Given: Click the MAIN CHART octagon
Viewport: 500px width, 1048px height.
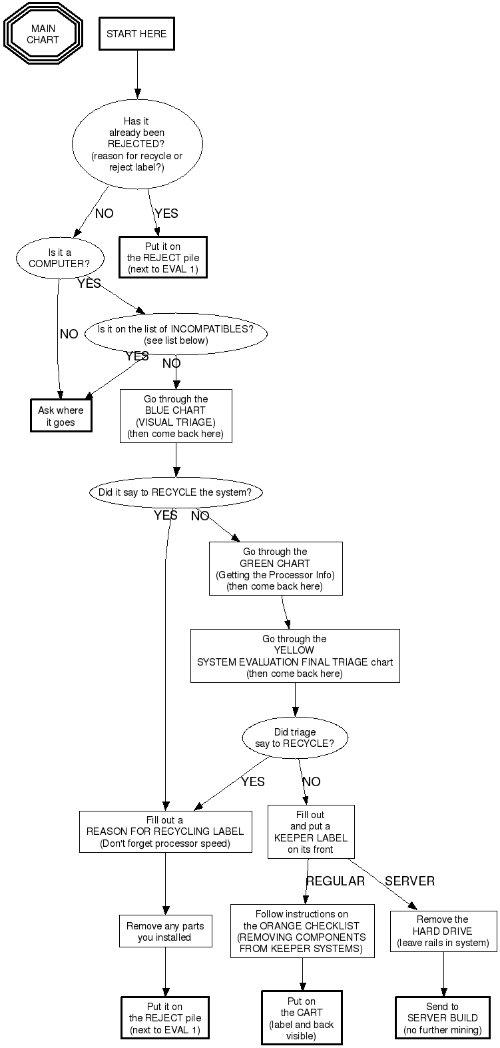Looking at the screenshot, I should (x=43, y=34).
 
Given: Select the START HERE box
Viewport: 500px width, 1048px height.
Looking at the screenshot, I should (x=136, y=34).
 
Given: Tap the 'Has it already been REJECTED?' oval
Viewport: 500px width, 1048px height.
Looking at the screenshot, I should (x=136, y=144).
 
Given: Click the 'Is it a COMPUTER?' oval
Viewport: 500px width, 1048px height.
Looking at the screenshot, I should (x=60, y=258).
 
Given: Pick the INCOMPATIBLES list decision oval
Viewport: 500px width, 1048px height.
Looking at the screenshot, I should (x=176, y=334).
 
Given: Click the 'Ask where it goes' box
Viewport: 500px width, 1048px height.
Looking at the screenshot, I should (x=61, y=416).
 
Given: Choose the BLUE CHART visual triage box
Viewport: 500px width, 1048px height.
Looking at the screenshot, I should (x=176, y=416).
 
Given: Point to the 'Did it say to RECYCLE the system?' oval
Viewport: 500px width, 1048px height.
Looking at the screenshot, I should (x=175, y=493).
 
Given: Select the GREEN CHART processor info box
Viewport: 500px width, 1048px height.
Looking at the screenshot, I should (x=275, y=568).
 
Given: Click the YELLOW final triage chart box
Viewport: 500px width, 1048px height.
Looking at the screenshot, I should (x=295, y=656).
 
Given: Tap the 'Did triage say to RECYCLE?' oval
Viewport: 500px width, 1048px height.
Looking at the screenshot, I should (x=295, y=738).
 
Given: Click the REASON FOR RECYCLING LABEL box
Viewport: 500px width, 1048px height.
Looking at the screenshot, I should (x=165, y=831).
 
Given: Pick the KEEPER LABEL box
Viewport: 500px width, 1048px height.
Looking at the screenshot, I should (x=311, y=831).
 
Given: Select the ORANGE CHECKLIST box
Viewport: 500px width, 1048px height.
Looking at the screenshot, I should (x=302, y=931).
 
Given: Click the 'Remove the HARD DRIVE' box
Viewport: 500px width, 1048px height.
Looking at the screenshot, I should (x=443, y=931).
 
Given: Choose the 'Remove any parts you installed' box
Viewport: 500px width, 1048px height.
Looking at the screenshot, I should (x=165, y=931).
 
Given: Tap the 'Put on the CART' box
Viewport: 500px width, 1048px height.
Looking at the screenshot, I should (x=302, y=1018).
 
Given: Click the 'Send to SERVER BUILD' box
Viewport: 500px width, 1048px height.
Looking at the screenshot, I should (x=443, y=1018).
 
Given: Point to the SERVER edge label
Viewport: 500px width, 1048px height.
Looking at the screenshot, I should (x=409, y=881).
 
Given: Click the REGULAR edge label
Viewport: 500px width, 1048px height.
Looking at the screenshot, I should (x=335, y=881).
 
